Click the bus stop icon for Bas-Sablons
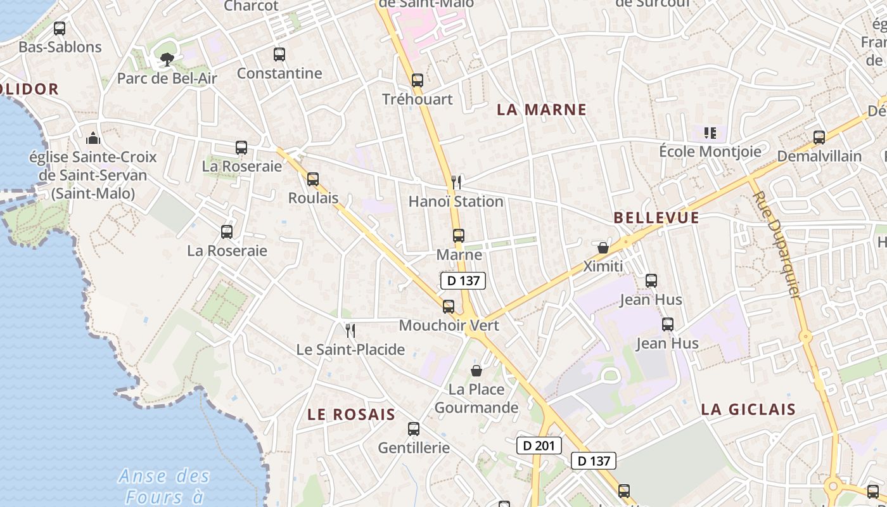tap(60, 29)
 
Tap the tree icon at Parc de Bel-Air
tap(167, 60)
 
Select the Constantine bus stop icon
tap(279, 55)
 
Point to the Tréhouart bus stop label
tap(418, 99)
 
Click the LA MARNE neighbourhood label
tap(542, 110)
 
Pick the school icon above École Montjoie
tap(710, 133)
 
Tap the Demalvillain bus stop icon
tap(819, 137)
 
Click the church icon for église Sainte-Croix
tap(93, 138)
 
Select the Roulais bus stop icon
tap(313, 179)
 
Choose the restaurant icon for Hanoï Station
tap(456, 183)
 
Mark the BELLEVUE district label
tap(656, 218)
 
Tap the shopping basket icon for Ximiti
tap(603, 247)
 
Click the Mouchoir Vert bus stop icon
tap(449, 307)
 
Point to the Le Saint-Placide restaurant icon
tap(350, 330)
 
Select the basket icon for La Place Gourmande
tap(476, 370)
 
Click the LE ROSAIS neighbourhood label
tap(351, 414)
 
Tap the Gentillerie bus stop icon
tap(414, 429)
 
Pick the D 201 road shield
tap(539, 446)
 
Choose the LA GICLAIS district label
tap(748, 409)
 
